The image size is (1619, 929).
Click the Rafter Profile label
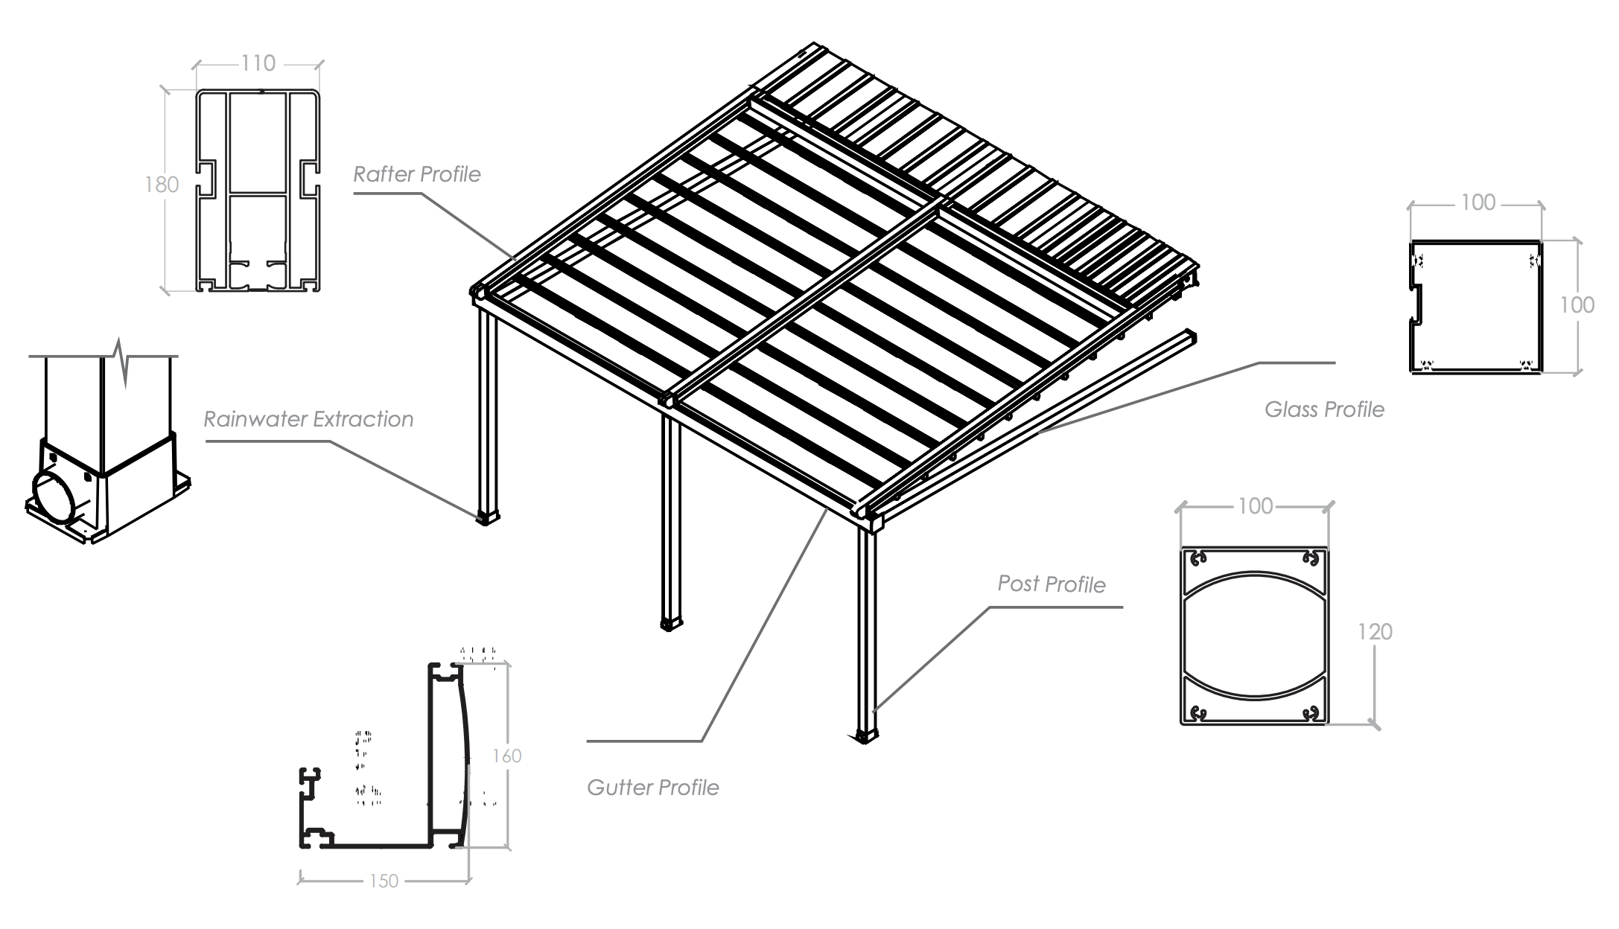416,174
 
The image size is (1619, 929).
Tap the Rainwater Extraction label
308,419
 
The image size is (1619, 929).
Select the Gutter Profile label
652,788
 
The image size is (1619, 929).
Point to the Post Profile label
1051,584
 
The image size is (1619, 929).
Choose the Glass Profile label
1324,409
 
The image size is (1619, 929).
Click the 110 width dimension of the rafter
258,64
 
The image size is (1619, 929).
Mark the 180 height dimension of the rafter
162,185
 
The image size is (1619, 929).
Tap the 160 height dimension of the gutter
507,756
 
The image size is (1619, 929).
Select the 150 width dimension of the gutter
384,881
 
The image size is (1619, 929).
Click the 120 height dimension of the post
1374,632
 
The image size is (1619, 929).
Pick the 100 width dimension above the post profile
1255,506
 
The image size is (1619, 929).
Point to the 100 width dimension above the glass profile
1478,202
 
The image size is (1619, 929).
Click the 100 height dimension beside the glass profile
1577,305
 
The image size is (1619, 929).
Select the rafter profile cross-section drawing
258,191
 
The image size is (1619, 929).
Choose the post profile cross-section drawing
1254,636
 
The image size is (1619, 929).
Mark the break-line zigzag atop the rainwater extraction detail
123,361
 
